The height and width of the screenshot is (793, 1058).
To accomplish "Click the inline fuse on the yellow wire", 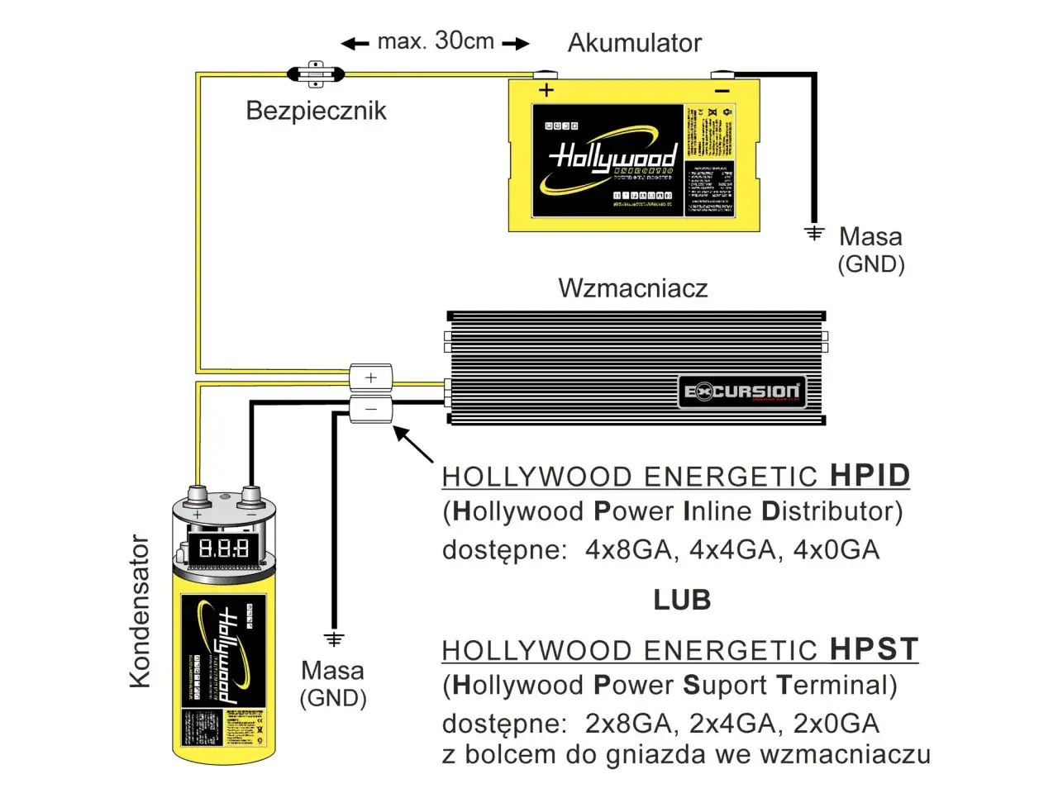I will tap(315, 74).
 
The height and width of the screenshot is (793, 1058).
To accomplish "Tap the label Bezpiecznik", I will tap(316, 111).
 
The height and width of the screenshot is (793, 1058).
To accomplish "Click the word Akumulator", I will tap(634, 43).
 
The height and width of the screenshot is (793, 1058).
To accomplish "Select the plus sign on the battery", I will tap(546, 90).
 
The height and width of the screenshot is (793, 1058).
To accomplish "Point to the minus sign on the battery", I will tap(722, 91).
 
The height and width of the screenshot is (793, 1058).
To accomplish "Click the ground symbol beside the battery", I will tap(815, 233).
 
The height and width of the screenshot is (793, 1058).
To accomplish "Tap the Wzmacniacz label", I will tap(632, 288).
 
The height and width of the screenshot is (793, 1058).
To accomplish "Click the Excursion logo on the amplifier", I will tap(741, 392).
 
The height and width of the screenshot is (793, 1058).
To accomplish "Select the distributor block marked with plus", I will tap(371, 378).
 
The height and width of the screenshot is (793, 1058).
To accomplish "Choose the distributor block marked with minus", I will tap(371, 409).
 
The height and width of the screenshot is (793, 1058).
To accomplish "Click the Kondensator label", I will tap(141, 611).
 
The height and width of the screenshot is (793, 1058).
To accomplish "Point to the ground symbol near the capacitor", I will tap(334, 639).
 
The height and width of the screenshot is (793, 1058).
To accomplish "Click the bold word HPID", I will tap(870, 476).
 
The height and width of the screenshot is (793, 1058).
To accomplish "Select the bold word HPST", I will tap(874, 649).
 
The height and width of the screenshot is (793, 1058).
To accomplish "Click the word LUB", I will tap(682, 601).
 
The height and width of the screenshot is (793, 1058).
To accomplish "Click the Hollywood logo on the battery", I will tap(612, 157).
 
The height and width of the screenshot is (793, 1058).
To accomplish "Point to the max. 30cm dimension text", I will tap(436, 41).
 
